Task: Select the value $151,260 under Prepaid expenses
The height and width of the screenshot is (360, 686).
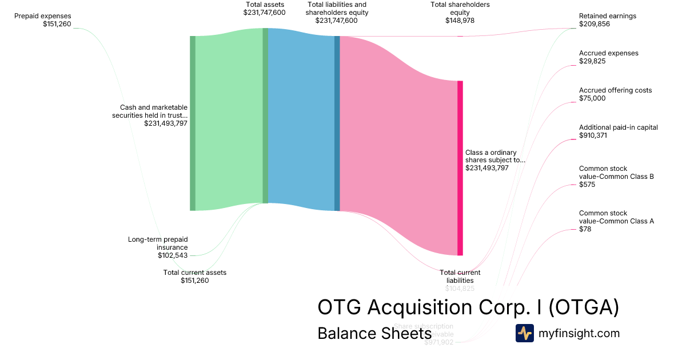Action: pyautogui.click(x=57, y=24)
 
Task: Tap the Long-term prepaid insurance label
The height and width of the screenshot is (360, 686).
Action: pyautogui.click(x=158, y=243)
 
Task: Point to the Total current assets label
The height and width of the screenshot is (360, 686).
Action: pyautogui.click(x=195, y=273)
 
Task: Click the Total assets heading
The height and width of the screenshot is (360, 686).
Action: pyautogui.click(x=265, y=5)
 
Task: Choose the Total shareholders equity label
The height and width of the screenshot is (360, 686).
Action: pyautogui.click(x=460, y=9)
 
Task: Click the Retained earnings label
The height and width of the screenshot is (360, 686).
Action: pyautogui.click(x=608, y=16)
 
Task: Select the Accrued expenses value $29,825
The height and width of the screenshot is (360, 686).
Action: pyautogui.click(x=593, y=61)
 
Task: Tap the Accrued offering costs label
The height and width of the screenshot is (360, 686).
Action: pyautogui.click(x=615, y=90)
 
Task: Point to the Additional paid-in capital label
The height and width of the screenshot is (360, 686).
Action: pyautogui.click(x=619, y=127)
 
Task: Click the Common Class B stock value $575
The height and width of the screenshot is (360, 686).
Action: pyautogui.click(x=587, y=185)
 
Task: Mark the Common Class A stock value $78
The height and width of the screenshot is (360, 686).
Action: pyautogui.click(x=585, y=229)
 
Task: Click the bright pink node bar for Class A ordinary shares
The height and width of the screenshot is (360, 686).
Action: pyautogui.click(x=460, y=168)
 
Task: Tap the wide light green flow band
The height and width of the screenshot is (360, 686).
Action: pyautogui.click(x=229, y=120)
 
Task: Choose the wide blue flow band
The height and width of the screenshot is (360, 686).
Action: pyautogui.click(x=301, y=120)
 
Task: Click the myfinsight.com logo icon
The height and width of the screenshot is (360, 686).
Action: pyautogui.click(x=524, y=333)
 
